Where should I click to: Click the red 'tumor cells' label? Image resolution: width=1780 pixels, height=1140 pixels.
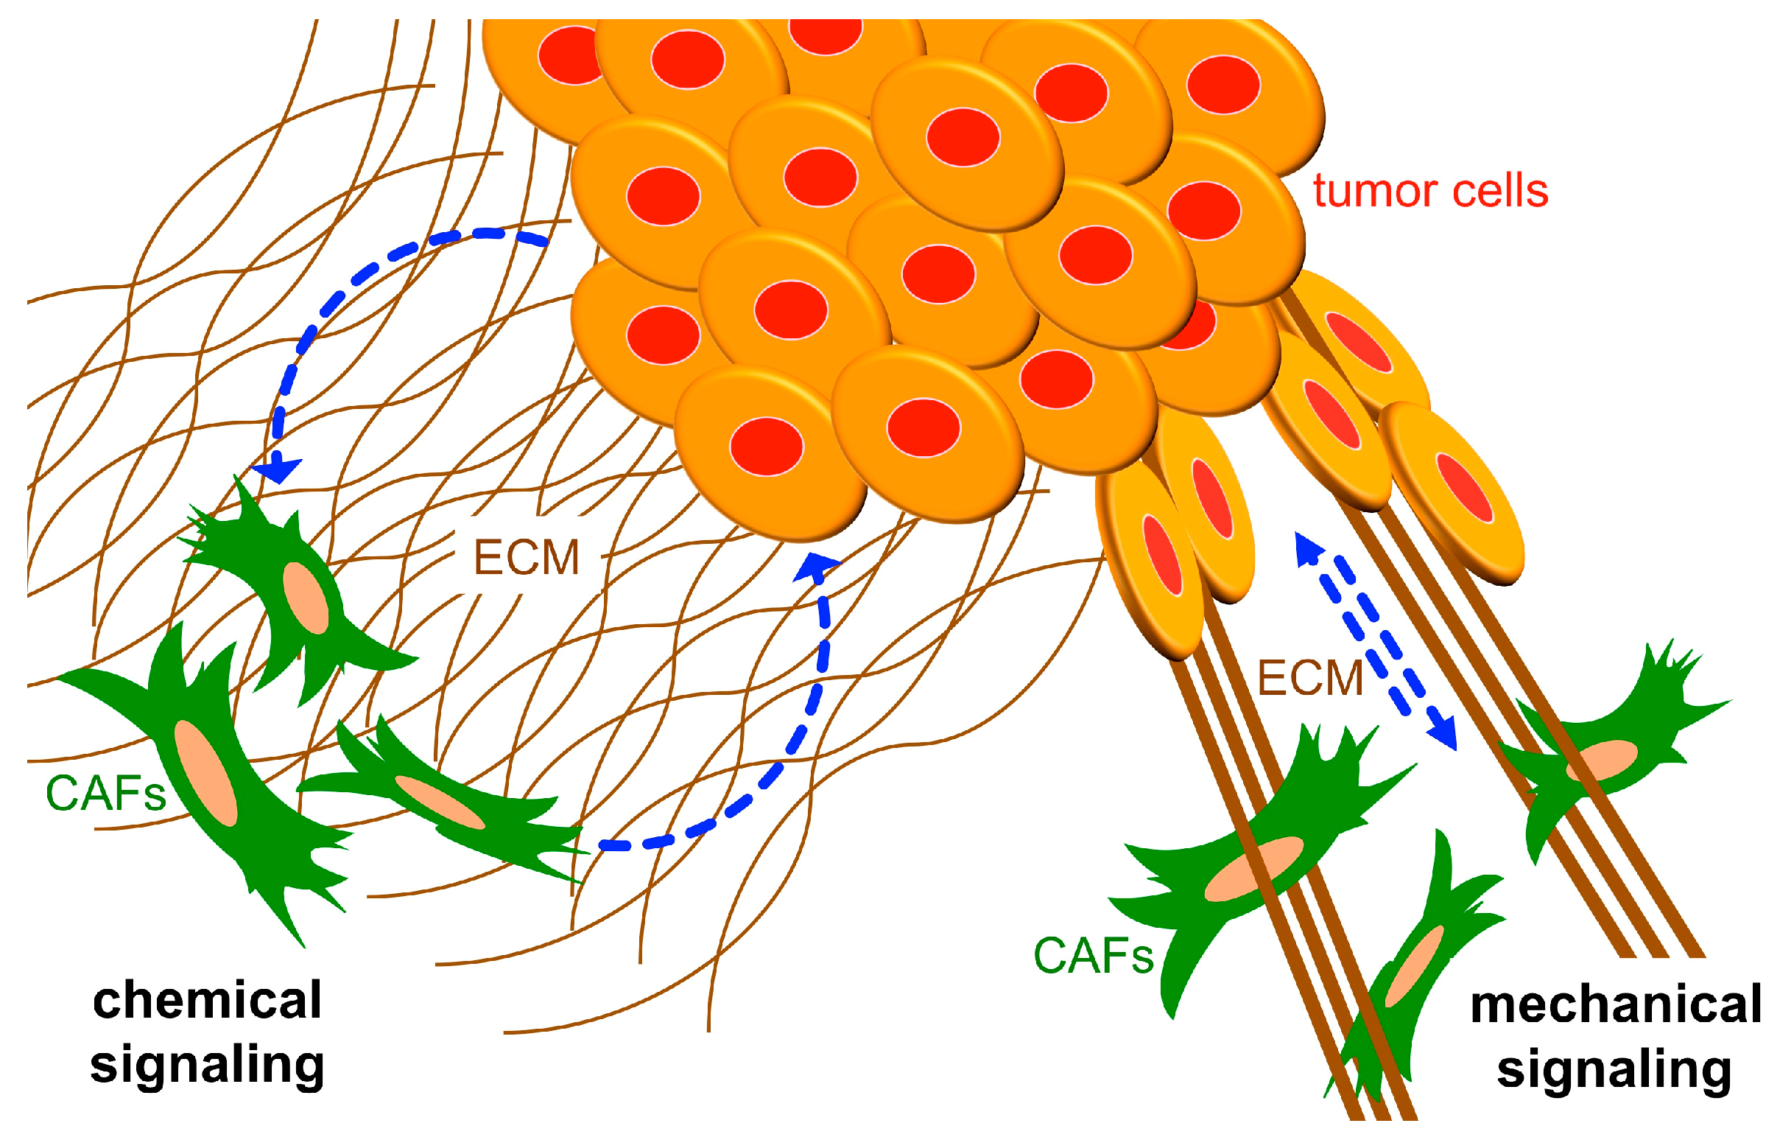(1430, 192)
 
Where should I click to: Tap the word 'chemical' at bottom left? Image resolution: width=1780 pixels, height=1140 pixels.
(207, 1001)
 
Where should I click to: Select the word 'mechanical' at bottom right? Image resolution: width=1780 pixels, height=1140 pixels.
(1616, 1004)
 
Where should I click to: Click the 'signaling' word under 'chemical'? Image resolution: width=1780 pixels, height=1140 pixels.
(207, 1066)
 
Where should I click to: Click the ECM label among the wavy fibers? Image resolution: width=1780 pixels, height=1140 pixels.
(526, 557)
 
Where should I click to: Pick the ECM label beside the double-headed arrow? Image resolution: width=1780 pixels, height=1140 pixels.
(1310, 678)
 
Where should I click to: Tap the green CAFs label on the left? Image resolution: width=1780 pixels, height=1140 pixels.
(105, 795)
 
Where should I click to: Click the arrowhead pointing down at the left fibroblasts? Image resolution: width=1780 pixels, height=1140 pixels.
(278, 469)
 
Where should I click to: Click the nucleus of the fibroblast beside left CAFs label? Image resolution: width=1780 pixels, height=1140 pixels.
(205, 774)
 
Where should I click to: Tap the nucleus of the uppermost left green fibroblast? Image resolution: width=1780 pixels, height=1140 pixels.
(306, 598)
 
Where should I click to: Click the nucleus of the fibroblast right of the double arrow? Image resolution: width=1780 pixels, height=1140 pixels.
(1603, 760)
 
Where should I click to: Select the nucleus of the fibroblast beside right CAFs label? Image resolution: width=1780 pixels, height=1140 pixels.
(1254, 869)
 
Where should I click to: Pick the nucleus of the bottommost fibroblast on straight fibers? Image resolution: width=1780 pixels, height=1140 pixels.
(1415, 966)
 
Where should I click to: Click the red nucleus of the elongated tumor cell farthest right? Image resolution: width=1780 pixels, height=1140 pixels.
(1464, 487)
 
